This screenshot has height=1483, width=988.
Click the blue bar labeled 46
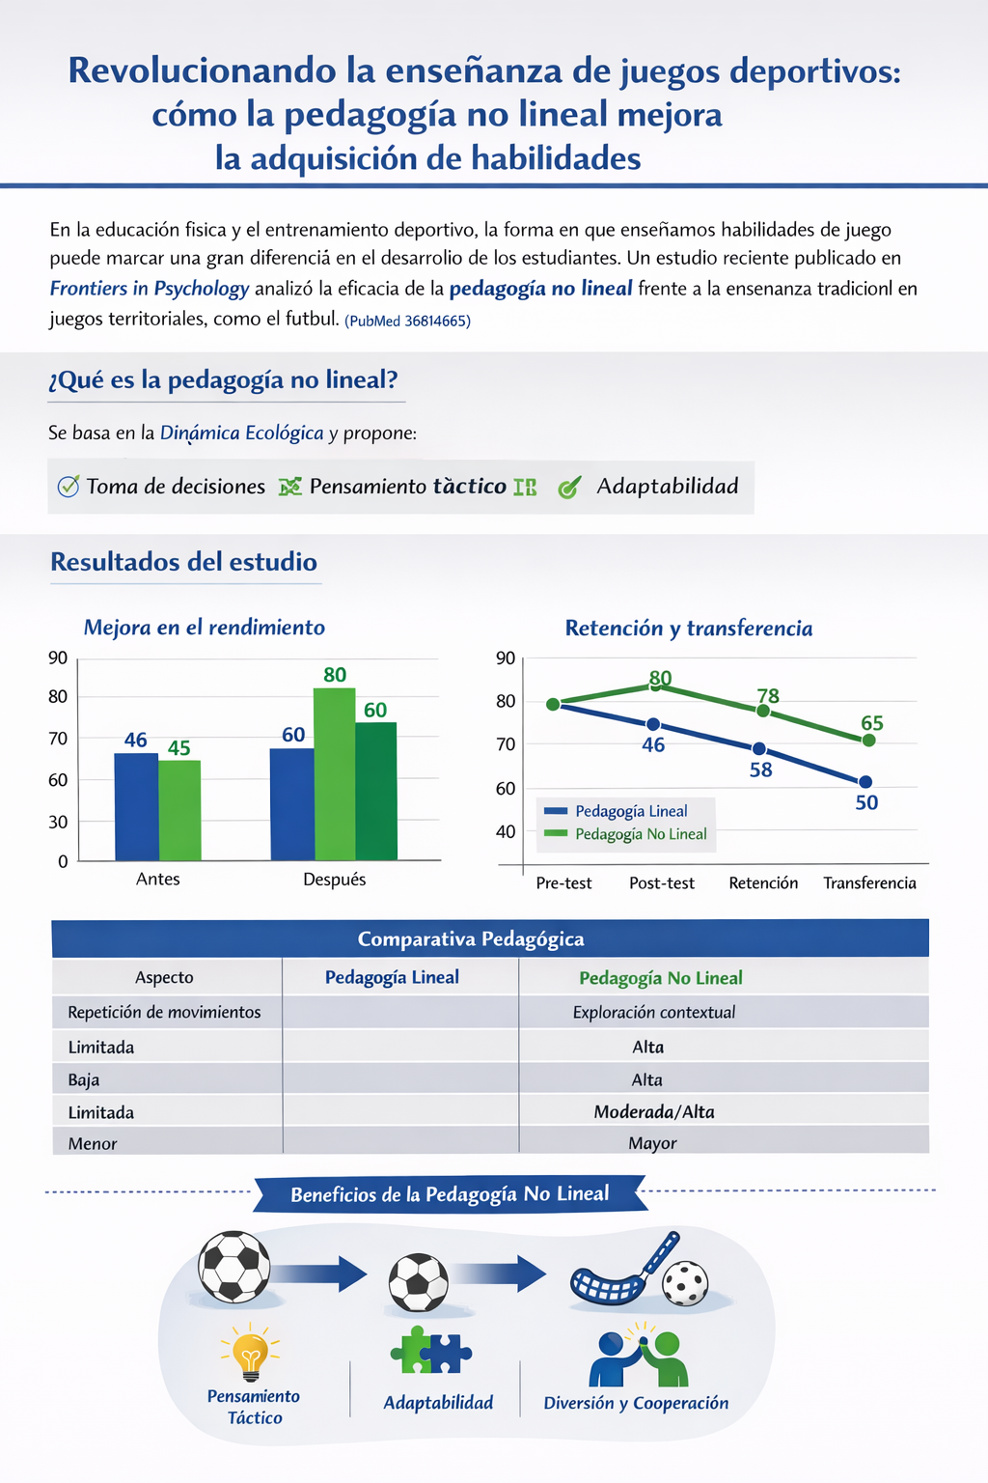pyautogui.click(x=136, y=806)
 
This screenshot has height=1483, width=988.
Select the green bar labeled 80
pyautogui.click(x=334, y=773)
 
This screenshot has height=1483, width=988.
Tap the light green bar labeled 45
pyautogui.click(x=179, y=810)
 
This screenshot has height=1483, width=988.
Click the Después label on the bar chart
pyautogui.click(x=334, y=880)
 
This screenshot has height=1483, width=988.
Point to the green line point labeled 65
pyautogui.click(x=868, y=741)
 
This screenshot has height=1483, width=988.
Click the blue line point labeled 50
pyautogui.click(x=865, y=782)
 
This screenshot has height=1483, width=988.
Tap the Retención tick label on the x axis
pyautogui.click(x=763, y=883)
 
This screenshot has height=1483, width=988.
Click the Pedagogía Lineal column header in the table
pyautogui.click(x=392, y=977)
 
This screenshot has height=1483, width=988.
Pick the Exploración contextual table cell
pyautogui.click(x=654, y=1012)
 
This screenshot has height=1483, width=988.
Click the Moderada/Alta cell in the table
pyautogui.click(x=654, y=1111)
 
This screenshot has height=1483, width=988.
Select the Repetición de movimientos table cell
pyautogui.click(x=164, y=1012)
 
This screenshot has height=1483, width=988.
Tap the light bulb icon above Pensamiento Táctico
pyautogui.click(x=251, y=1352)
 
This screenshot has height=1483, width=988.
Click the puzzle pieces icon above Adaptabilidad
pyautogui.click(x=430, y=1350)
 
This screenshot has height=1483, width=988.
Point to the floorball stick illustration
pyautogui.click(x=622, y=1270)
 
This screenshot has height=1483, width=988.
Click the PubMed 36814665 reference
pyautogui.click(x=407, y=321)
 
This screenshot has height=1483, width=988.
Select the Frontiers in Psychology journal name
pyautogui.click(x=150, y=289)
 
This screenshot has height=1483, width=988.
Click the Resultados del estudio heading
pyautogui.click(x=183, y=562)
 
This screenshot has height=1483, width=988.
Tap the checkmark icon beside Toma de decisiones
pyautogui.click(x=69, y=487)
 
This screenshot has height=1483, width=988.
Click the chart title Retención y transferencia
pyautogui.click(x=689, y=629)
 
